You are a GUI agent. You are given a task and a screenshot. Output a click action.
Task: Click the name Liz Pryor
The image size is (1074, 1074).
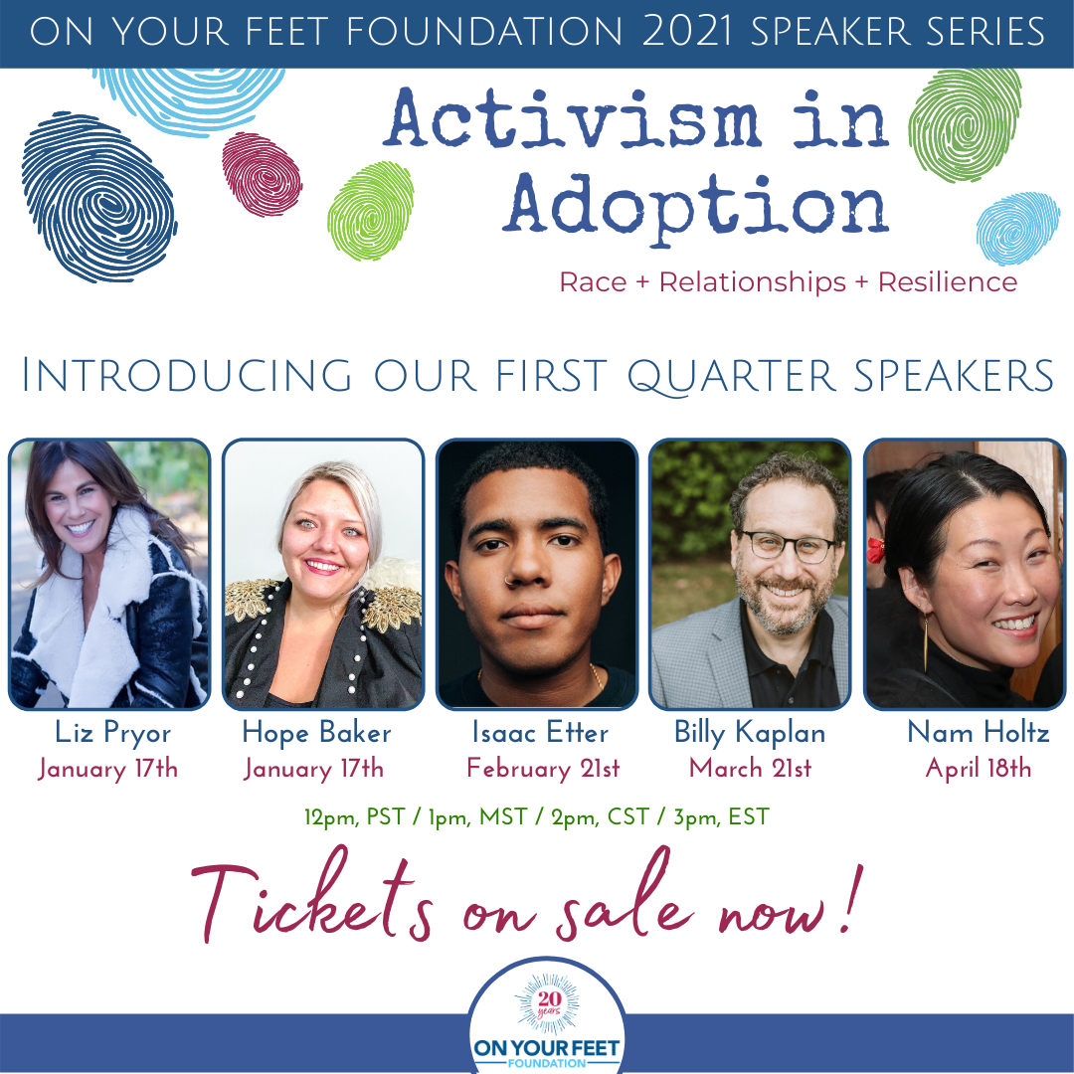pyautogui.click(x=113, y=733)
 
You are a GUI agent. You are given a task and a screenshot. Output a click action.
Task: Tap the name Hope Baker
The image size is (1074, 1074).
pyautogui.click(x=316, y=733)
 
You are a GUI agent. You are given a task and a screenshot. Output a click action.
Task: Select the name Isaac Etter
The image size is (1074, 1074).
pyautogui.click(x=540, y=732)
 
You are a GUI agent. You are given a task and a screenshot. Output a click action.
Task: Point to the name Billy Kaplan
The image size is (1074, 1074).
pyautogui.click(x=750, y=733)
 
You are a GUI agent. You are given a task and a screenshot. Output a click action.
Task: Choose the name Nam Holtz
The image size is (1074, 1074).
pyautogui.click(x=979, y=732)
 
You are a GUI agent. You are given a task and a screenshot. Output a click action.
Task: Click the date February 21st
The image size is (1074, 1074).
pyautogui.click(x=543, y=769)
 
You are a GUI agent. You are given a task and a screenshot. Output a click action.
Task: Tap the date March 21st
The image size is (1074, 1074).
pyautogui.click(x=750, y=768)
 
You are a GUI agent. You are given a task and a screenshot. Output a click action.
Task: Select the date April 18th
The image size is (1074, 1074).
pyautogui.click(x=979, y=769)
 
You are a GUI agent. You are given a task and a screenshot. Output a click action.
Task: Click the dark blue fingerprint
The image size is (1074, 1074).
pyautogui.click(x=99, y=197)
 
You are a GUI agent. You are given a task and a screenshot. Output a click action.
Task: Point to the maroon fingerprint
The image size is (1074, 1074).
pyautogui.click(x=262, y=174)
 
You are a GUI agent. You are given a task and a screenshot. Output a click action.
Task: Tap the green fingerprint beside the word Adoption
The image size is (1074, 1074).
pyautogui.click(x=371, y=211)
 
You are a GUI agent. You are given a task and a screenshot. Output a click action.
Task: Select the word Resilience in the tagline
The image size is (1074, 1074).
pyautogui.click(x=948, y=282)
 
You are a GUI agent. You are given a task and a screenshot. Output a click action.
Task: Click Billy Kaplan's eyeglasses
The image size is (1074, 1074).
pyautogui.click(x=789, y=547)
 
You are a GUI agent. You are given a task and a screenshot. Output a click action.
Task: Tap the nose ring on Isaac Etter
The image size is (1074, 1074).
pyautogui.click(x=507, y=581)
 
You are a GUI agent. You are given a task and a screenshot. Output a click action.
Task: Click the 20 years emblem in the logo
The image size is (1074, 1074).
pyautogui.click(x=549, y=1004)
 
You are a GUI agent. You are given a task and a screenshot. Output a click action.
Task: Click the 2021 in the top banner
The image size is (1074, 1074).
pyautogui.click(x=688, y=32)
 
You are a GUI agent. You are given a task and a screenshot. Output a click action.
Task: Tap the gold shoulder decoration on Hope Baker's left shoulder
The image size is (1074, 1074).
pyautogui.click(x=393, y=607)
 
